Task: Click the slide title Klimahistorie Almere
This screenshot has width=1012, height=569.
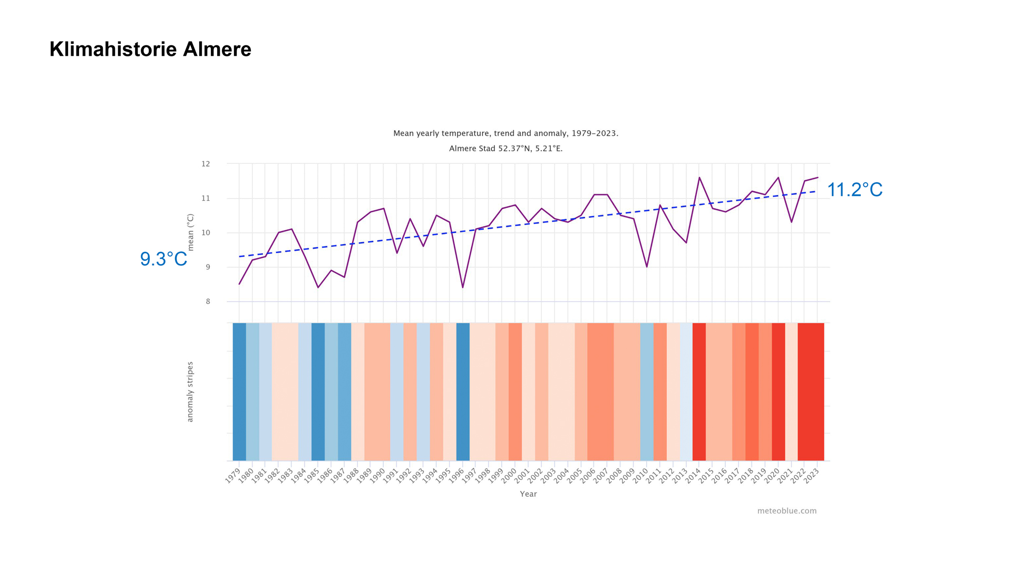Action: [x=150, y=50]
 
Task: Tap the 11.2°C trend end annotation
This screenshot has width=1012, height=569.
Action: [x=854, y=190]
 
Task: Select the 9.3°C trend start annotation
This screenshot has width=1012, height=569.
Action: [x=163, y=259]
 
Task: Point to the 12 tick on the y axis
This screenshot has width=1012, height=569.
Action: [x=206, y=164]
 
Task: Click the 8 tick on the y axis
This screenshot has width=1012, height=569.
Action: [x=208, y=302]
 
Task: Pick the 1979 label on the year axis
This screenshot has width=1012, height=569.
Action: [x=233, y=475]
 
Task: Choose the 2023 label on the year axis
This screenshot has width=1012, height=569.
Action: [x=811, y=475]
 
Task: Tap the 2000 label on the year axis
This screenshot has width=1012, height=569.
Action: [x=509, y=475]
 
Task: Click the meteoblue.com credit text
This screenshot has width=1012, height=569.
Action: [x=786, y=511]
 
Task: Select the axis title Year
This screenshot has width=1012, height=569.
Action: [x=528, y=494]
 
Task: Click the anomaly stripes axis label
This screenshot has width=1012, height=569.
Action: [x=190, y=391]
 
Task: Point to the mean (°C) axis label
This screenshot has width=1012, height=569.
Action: [x=190, y=232]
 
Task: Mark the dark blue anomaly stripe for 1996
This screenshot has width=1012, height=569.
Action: [x=463, y=391]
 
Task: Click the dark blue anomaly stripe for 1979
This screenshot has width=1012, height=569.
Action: [x=239, y=391]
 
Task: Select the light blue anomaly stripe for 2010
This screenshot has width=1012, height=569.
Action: [x=647, y=391]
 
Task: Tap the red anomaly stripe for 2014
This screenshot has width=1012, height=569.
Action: [x=699, y=391]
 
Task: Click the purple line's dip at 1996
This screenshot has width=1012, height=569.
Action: [x=463, y=287]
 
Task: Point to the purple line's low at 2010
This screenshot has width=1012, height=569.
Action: [x=647, y=267]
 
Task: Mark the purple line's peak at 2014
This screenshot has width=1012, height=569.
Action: [x=699, y=178]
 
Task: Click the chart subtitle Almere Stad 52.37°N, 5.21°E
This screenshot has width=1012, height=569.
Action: [x=505, y=149]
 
